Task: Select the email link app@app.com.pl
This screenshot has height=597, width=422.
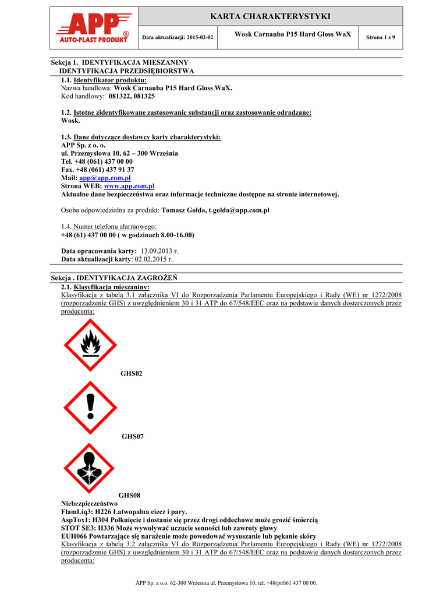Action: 105,178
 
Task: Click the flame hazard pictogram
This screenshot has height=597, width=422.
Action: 90,345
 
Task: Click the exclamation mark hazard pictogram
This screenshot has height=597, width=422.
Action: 90,408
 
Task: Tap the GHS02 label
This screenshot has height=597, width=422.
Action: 132,373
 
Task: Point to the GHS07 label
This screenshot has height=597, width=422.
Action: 132,436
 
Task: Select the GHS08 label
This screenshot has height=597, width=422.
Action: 130,495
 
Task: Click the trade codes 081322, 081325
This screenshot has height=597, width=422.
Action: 132,96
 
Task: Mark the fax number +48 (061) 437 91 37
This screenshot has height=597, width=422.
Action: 105,170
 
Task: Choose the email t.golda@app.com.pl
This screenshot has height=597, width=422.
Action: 239,210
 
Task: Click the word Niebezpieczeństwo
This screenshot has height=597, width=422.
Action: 89,503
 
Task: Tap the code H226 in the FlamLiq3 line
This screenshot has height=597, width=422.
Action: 103,511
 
